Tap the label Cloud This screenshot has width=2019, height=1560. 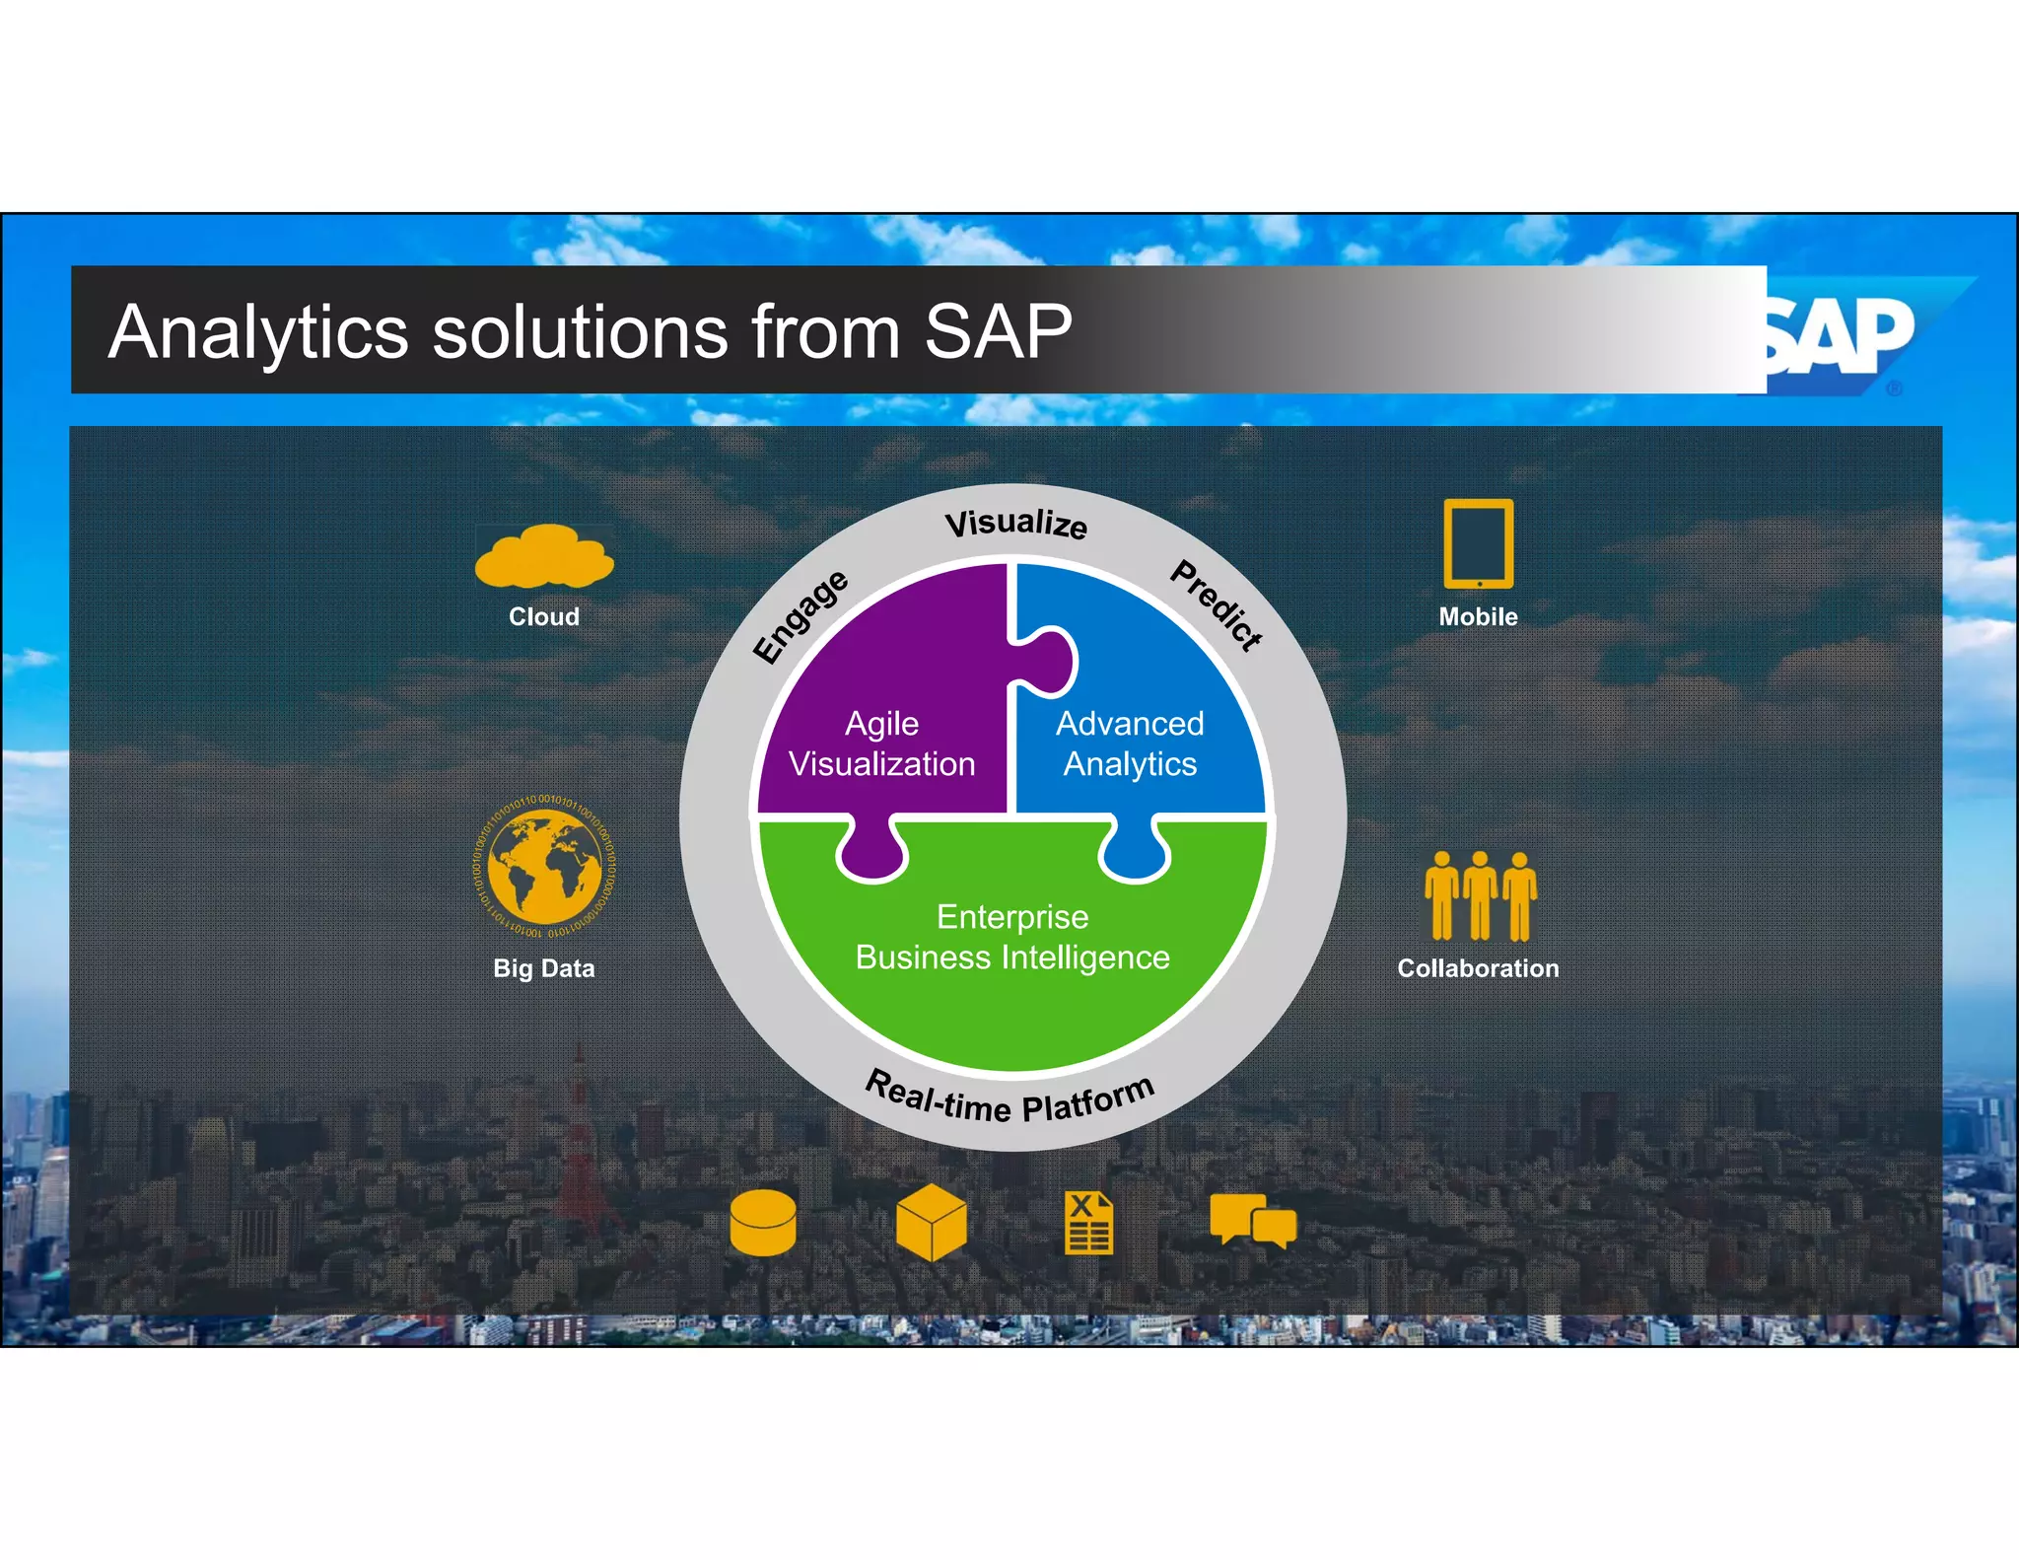point(544,616)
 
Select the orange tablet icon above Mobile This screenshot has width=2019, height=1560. point(1478,543)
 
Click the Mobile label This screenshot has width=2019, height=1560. point(1478,616)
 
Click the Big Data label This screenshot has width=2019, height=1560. point(544,968)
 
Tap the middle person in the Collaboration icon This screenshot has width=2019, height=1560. point(1480,895)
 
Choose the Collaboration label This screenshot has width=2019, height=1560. point(1478,968)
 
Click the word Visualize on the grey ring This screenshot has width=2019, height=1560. point(1015,523)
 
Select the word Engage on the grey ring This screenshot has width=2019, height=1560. point(800,617)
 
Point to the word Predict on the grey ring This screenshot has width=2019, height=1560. point(1217,604)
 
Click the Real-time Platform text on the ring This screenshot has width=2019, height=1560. point(1009,1098)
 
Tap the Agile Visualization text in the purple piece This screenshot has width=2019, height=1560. point(882,744)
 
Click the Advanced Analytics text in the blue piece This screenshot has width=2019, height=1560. point(1130,744)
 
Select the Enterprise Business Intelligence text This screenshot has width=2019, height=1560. point(1012,937)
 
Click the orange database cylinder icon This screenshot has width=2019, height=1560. point(763,1223)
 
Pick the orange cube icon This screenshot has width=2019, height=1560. point(932,1223)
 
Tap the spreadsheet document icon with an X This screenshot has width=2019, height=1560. point(1088,1223)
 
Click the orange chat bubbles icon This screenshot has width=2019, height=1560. point(1253,1221)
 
